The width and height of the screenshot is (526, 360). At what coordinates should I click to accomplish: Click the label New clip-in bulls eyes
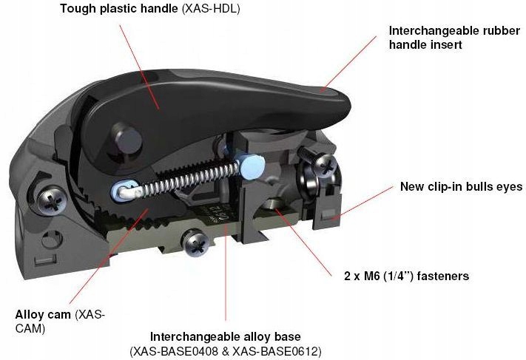pos(462,187)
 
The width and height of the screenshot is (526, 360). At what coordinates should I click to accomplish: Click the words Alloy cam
pos(37,313)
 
